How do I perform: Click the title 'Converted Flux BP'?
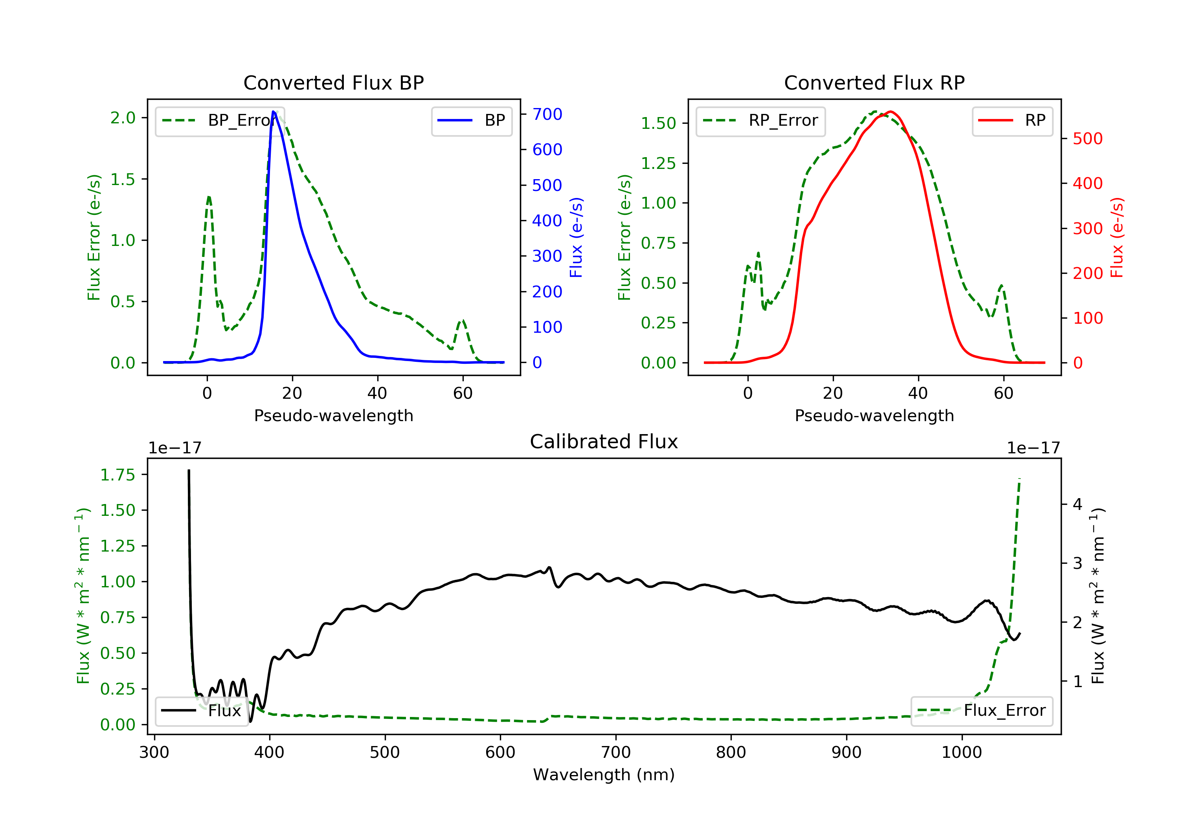pos(333,82)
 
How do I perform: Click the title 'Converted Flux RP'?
pos(874,82)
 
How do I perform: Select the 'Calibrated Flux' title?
pos(604,442)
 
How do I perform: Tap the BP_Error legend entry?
pos(219,121)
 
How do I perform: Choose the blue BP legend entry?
pos(471,121)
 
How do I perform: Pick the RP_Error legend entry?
pos(760,121)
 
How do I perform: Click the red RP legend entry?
pos(1012,121)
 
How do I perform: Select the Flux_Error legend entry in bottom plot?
pos(981,711)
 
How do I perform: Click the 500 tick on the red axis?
pos(1087,139)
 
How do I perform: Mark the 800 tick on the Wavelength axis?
pos(731,752)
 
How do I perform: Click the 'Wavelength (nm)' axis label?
pos(604,775)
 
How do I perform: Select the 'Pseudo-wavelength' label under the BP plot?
pos(333,415)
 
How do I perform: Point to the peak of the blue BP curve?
pos(274,112)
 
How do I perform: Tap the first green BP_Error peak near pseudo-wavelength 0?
pos(208,196)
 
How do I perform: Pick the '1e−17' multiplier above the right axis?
pos(1033,448)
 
